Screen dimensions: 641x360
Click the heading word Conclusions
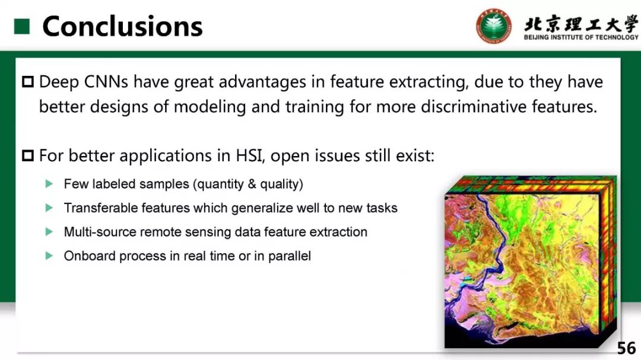click(x=122, y=26)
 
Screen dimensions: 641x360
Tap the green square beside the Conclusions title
click(x=22, y=27)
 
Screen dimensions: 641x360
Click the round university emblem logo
click(x=494, y=26)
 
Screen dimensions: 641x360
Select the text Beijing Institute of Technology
click(x=581, y=37)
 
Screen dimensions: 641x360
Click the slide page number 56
click(x=626, y=348)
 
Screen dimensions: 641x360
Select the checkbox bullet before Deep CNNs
click(x=28, y=82)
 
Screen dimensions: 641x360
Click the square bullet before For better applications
click(x=28, y=156)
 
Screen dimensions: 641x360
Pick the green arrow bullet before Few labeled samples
click(x=49, y=184)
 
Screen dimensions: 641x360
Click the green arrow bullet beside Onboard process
click(x=49, y=256)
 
